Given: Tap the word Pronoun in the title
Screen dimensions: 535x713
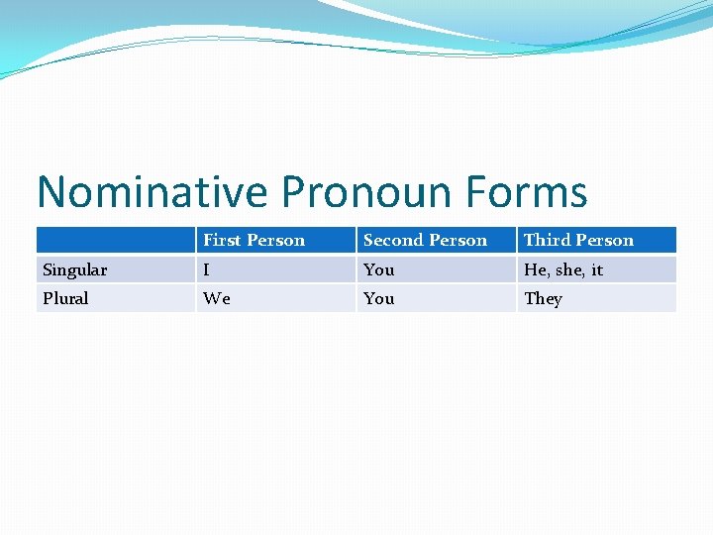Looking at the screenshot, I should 348,191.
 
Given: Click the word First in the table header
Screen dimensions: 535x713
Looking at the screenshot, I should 222,240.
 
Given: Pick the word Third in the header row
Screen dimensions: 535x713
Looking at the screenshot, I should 544,240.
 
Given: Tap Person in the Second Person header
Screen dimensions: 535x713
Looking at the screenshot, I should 458,240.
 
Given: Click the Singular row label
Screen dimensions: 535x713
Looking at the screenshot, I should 75,269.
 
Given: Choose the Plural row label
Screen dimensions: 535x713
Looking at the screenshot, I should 65,298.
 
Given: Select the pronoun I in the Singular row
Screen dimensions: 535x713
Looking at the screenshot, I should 206,269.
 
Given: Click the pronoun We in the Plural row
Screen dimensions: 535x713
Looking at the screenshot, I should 216,298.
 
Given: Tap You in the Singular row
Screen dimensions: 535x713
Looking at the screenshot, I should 378,269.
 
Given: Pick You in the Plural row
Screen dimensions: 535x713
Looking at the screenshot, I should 378,298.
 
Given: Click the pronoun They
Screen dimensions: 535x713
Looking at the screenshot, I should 543,298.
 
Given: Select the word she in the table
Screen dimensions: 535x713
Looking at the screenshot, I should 570,269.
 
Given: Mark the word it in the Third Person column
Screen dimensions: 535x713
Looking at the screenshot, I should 597,269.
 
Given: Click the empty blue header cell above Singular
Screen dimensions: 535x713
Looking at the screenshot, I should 115,240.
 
